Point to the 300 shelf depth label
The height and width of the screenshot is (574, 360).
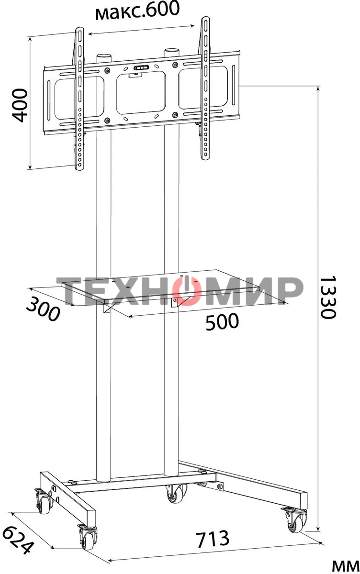pyautogui.click(x=42, y=309)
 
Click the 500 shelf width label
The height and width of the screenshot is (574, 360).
pyautogui.click(x=222, y=322)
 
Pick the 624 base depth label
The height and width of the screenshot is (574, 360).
pyautogui.click(x=20, y=540)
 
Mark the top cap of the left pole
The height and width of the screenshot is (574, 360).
pyautogui.click(x=104, y=56)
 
